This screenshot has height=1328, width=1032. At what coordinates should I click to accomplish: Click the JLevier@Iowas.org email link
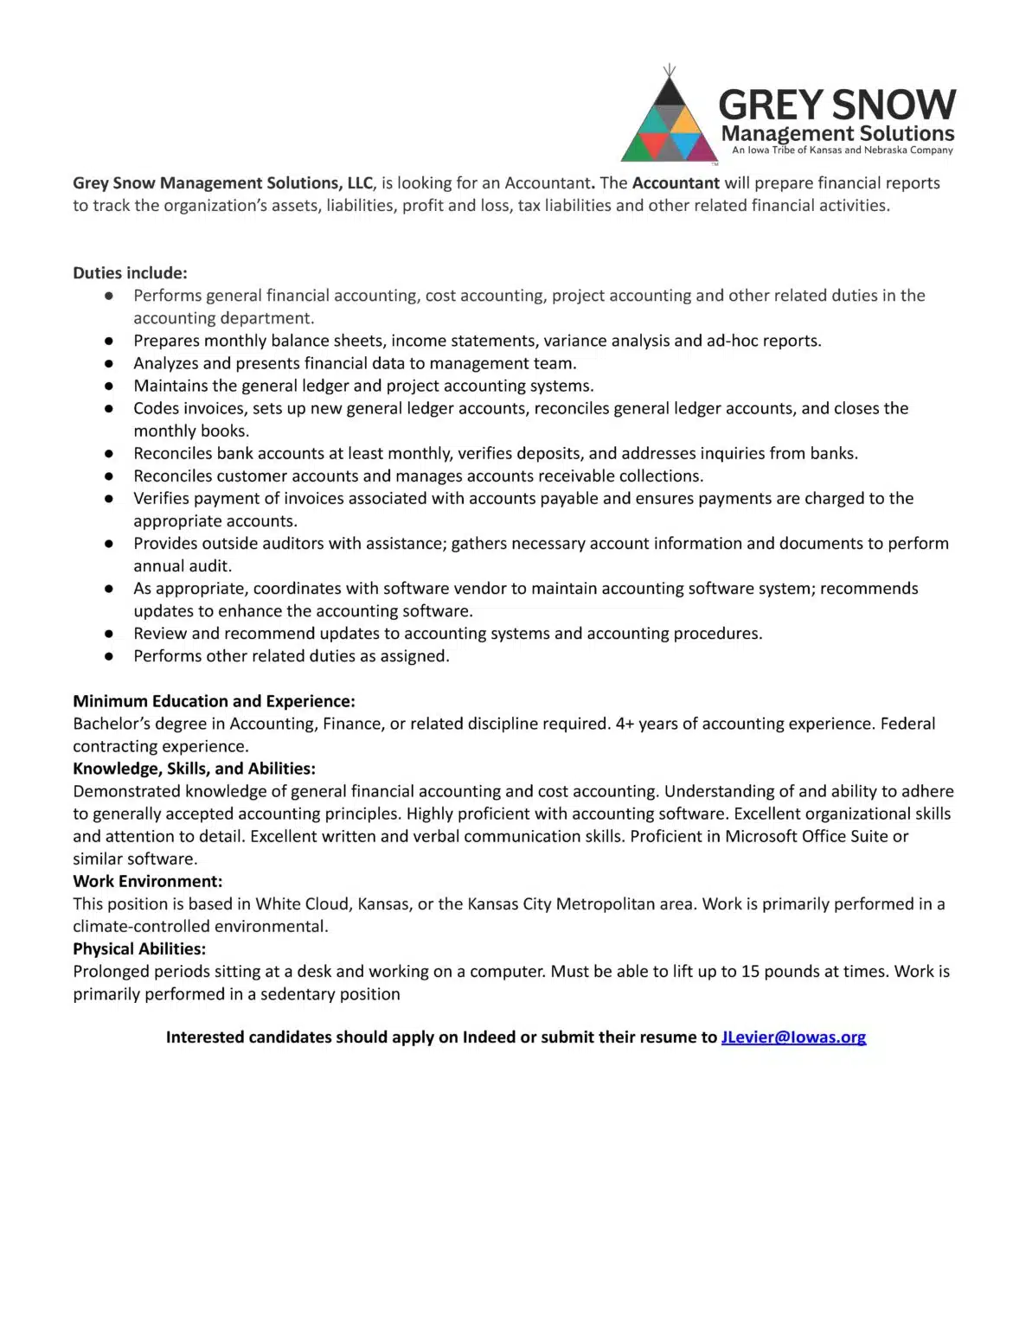pyautogui.click(x=793, y=1037)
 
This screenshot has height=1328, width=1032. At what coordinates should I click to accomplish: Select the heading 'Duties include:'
pyautogui.click(x=130, y=273)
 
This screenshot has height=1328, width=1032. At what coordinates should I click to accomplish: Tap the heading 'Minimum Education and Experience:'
pyautogui.click(x=214, y=701)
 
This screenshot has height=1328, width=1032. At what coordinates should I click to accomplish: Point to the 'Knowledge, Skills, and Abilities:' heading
pyautogui.click(x=194, y=769)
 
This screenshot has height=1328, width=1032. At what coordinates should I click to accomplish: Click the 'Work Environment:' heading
pyautogui.click(x=147, y=881)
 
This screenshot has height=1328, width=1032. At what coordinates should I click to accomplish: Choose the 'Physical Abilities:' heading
pyautogui.click(x=139, y=948)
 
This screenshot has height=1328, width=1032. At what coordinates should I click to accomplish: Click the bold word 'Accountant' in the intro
pyautogui.click(x=676, y=183)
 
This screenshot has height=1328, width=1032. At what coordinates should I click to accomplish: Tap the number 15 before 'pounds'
pyautogui.click(x=750, y=971)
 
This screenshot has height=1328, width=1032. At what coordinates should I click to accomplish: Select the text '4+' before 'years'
pyautogui.click(x=625, y=724)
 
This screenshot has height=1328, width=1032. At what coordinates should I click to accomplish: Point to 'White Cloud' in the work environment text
pyautogui.click(x=302, y=903)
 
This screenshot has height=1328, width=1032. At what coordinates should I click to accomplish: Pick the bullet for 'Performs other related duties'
pyautogui.click(x=109, y=656)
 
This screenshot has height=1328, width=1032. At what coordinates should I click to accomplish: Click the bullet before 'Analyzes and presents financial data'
pyautogui.click(x=109, y=364)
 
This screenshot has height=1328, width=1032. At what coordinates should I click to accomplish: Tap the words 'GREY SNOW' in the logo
pyautogui.click(x=836, y=105)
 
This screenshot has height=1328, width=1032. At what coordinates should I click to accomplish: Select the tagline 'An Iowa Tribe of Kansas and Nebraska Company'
pyautogui.click(x=842, y=150)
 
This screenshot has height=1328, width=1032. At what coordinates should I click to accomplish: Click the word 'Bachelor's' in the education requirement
pyautogui.click(x=111, y=724)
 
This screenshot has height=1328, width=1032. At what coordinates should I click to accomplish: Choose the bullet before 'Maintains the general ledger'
pyautogui.click(x=109, y=386)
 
